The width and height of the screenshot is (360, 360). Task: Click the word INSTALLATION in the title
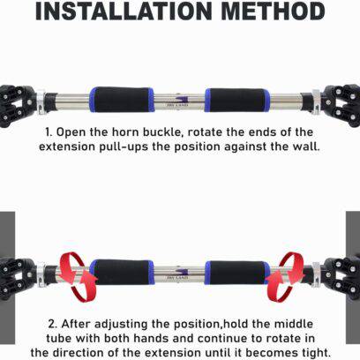pos(124,11)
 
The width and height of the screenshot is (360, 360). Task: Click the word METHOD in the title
pos(274,11)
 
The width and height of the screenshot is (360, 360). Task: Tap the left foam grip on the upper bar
pos(122,100)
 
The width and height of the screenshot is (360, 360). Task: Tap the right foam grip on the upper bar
pos(237,100)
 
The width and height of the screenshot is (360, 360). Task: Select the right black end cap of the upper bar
pos(342,106)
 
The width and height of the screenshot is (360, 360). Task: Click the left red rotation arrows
pos(78,276)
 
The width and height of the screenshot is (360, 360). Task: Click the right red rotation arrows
pos(285,276)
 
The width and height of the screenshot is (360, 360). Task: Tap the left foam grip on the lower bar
pos(122,272)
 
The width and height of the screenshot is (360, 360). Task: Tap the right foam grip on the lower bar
pos(237,273)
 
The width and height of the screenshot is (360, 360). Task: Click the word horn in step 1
pos(126,132)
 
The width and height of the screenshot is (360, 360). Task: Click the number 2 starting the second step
pos(53,324)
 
